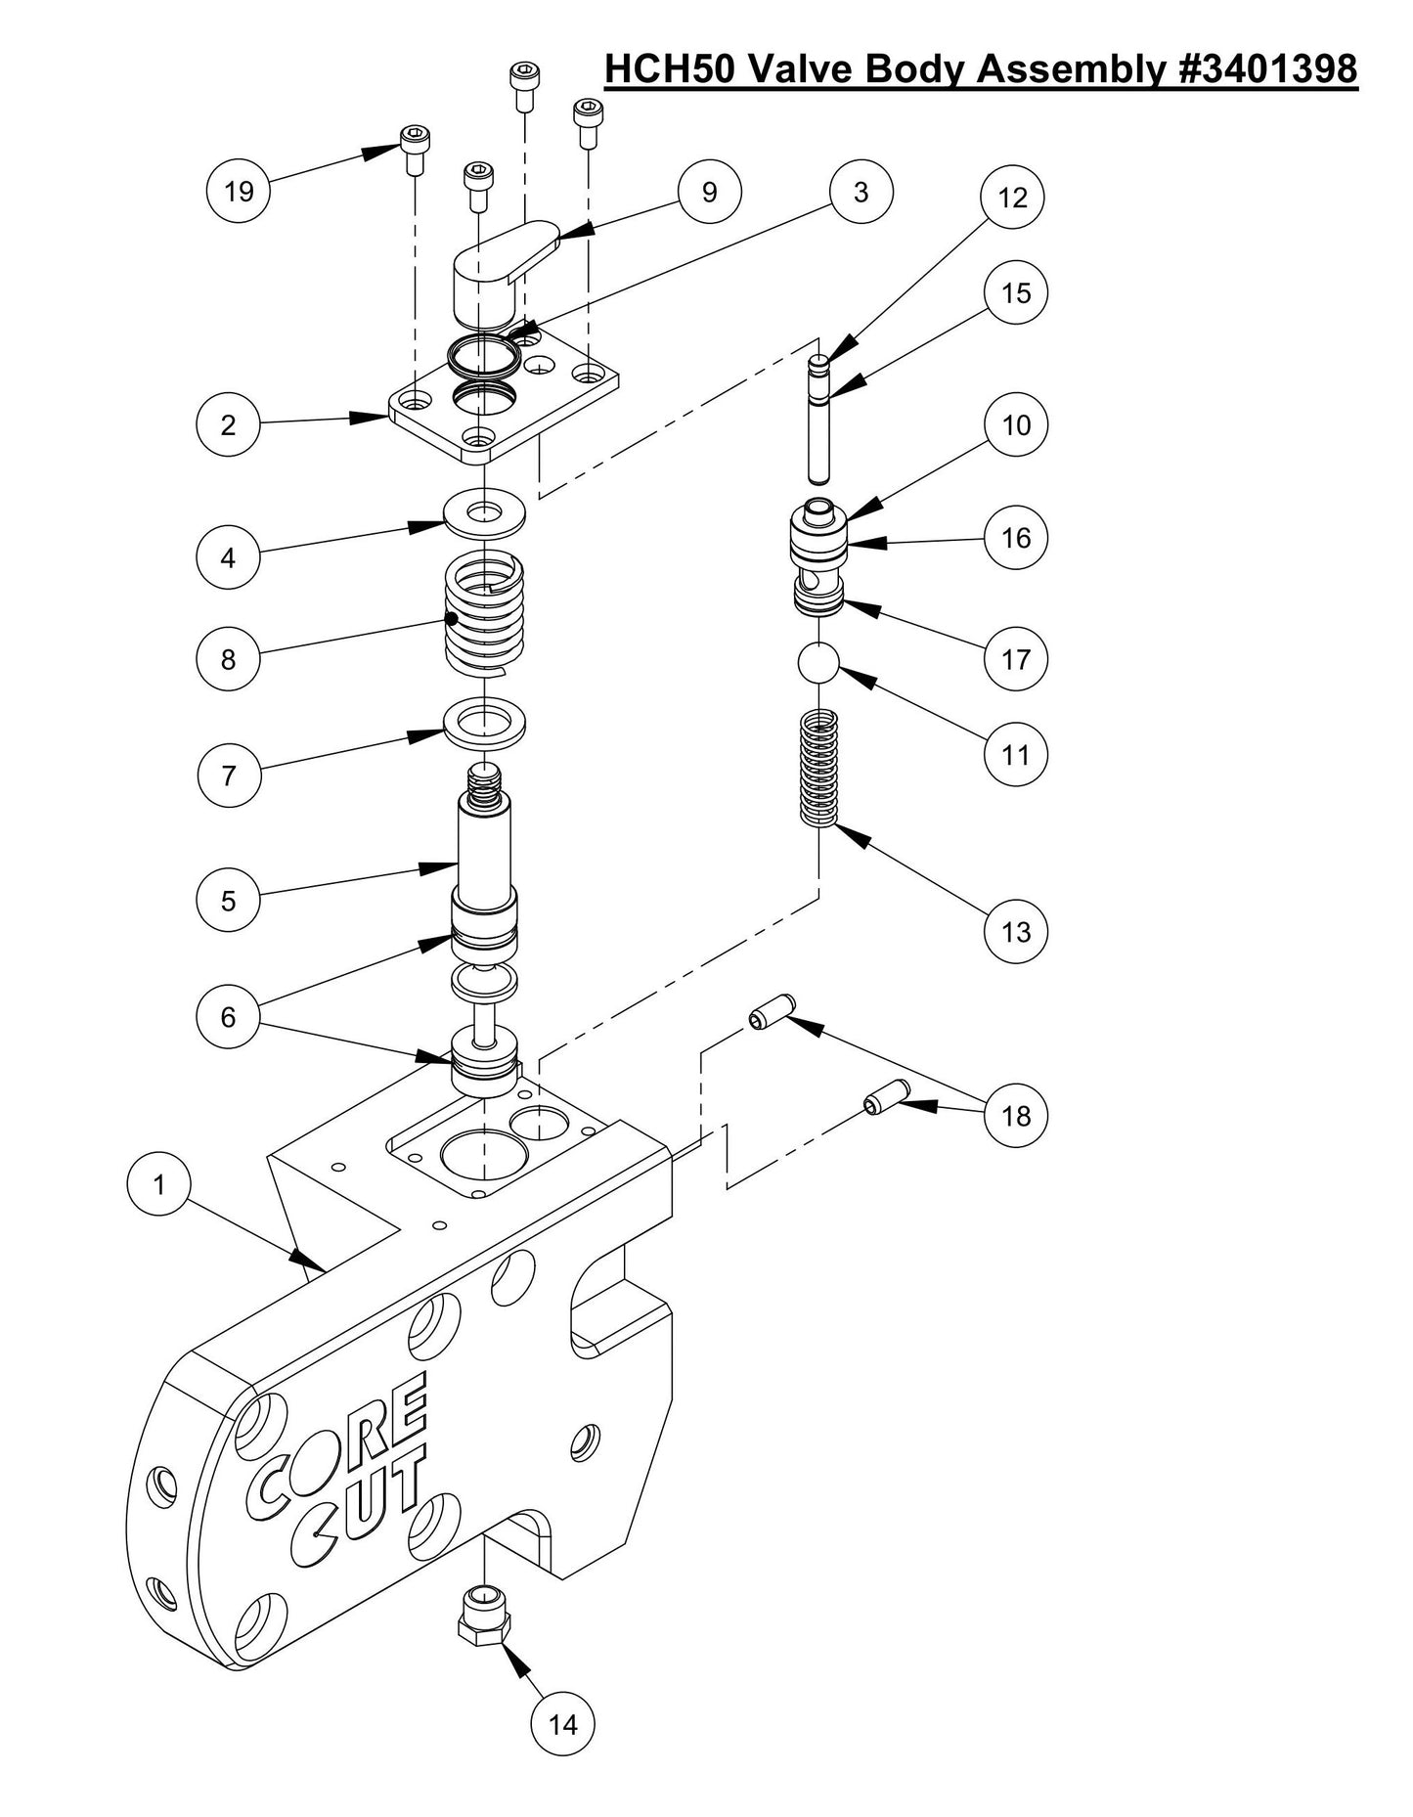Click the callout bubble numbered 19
239,191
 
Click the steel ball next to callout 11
818,665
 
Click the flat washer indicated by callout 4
484,511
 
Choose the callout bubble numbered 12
1013,198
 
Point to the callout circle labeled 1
159,1185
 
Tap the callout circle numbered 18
1015,1116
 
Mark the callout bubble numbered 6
228,1017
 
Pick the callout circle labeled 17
1016,659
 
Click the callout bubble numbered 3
861,193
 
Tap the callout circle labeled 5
228,901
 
